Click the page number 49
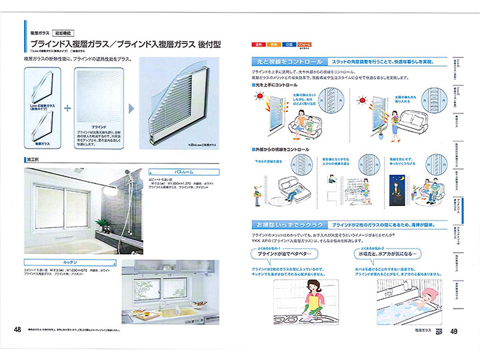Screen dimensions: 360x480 pyautogui.click(x=453, y=331)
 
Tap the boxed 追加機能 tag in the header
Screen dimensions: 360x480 pyautogui.click(x=69, y=32)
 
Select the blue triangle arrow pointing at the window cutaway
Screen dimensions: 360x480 pyautogui.click(x=132, y=107)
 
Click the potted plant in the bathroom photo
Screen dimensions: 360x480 pyautogui.click(x=102, y=225)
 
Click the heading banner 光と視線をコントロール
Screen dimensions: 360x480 pyautogui.click(x=287, y=61)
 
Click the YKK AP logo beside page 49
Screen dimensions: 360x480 pyautogui.click(x=439, y=331)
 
